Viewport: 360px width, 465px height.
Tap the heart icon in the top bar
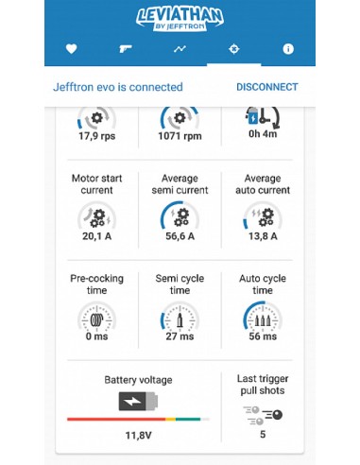(x=72, y=48)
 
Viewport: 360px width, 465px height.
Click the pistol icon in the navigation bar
(x=126, y=48)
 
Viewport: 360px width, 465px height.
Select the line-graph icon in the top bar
(x=180, y=48)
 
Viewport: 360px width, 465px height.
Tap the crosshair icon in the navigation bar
(x=233, y=48)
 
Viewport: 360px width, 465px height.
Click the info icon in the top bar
(x=288, y=48)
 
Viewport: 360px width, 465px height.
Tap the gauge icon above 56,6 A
(x=179, y=216)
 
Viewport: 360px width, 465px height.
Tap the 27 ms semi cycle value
(x=180, y=336)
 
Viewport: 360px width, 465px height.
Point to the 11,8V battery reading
(x=139, y=435)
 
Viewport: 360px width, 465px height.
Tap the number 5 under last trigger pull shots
(x=263, y=435)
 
